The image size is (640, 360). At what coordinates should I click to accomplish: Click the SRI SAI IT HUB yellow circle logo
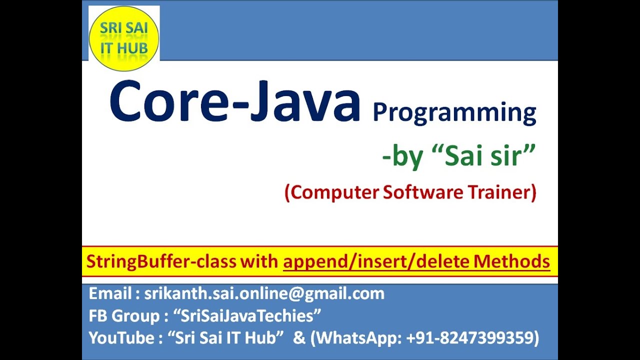(123, 38)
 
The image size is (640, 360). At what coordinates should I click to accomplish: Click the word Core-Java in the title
(234, 102)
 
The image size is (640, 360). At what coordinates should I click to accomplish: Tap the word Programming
(454, 112)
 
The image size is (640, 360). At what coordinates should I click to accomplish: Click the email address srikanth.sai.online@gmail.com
(264, 293)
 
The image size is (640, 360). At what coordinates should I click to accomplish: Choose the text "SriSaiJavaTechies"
(247, 316)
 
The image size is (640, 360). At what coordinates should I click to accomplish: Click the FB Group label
(123, 316)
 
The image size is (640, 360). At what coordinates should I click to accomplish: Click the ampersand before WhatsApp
(299, 338)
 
